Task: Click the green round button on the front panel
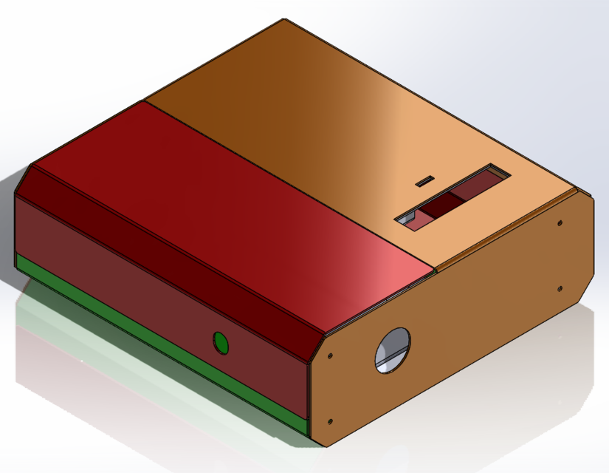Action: tap(220, 341)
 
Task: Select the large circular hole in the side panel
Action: tap(393, 350)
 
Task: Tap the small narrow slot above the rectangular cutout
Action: tap(424, 180)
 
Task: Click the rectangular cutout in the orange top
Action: tap(453, 197)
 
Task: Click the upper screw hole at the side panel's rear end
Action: tap(559, 222)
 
